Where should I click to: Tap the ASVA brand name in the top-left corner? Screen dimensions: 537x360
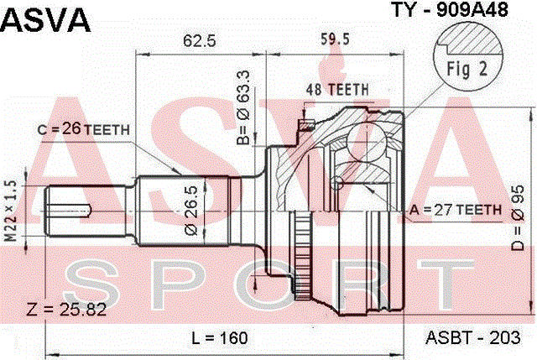[45, 18]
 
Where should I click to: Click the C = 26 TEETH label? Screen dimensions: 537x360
[83, 129]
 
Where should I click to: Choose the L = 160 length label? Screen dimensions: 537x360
[220, 338]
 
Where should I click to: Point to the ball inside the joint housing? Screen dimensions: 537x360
[337, 182]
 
